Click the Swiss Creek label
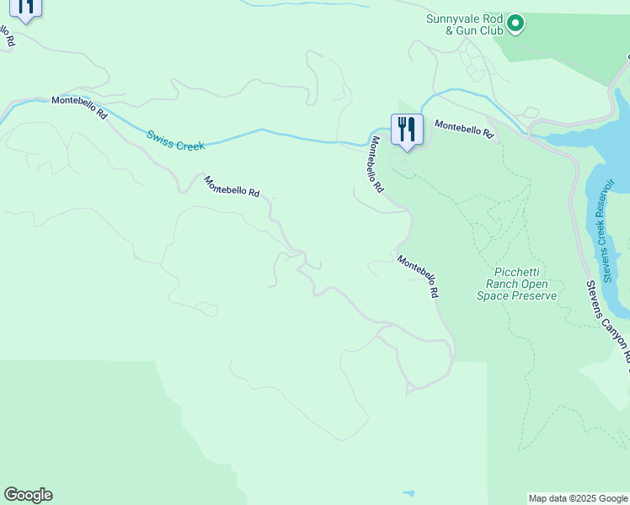pyautogui.click(x=175, y=140)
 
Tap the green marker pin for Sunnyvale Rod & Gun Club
pyautogui.click(x=516, y=24)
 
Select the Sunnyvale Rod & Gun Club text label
pyautogui.click(x=464, y=24)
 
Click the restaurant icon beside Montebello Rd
pyautogui.click(x=406, y=130)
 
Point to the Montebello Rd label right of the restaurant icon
pyautogui.click(x=463, y=128)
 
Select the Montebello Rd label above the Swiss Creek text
pyautogui.click(x=79, y=106)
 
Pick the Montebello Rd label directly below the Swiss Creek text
pyautogui.click(x=232, y=185)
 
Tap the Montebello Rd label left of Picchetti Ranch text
pyautogui.click(x=419, y=277)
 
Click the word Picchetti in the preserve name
pyautogui.click(x=517, y=272)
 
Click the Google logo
pyautogui.click(x=28, y=495)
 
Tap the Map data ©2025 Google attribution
pyautogui.click(x=578, y=498)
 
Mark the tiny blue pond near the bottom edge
pyautogui.click(x=408, y=492)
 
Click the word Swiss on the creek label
pyautogui.click(x=160, y=136)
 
